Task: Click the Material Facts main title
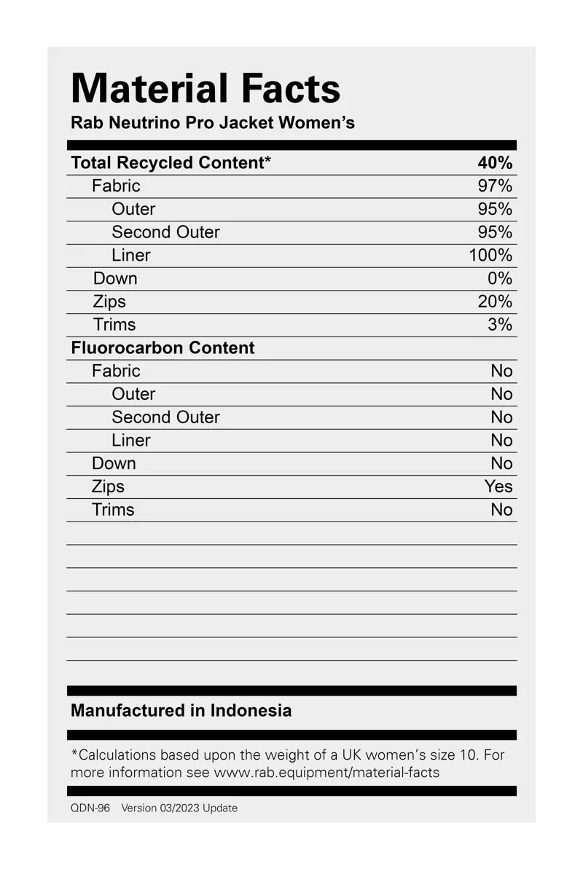206,89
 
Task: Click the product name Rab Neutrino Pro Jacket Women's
213,122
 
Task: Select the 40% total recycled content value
495,162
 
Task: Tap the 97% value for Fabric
495,186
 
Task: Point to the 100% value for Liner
490,255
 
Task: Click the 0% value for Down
500,278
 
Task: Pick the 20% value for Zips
495,302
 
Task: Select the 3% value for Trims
500,325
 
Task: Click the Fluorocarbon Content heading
163,348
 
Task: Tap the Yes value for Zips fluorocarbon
498,487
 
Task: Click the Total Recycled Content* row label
171,162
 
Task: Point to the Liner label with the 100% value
131,255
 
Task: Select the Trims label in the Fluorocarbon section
113,510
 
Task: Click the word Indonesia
251,710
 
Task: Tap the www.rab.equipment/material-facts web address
326,772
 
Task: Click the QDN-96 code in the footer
90,808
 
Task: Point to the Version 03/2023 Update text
179,808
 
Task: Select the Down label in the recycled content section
115,278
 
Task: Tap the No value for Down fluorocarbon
501,463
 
